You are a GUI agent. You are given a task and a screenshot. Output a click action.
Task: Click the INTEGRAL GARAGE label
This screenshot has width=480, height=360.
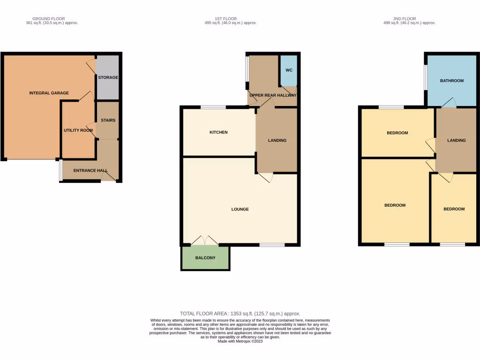click(x=49, y=93)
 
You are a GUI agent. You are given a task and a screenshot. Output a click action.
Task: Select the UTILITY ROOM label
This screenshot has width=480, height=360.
click(x=78, y=130)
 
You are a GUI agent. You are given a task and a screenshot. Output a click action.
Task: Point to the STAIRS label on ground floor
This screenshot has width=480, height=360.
click(x=108, y=120)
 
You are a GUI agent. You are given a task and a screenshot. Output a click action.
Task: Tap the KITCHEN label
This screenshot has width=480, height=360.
click(x=218, y=132)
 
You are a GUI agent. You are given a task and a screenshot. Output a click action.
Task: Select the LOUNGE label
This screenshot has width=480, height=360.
click(x=240, y=209)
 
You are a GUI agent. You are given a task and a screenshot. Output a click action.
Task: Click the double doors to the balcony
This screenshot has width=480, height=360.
click(x=205, y=241)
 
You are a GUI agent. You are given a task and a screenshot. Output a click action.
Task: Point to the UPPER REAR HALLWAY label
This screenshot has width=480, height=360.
click(x=273, y=95)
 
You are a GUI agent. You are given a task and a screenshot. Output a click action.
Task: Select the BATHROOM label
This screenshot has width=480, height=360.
click(x=451, y=81)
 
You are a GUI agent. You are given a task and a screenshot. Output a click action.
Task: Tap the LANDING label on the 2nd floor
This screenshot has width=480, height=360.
click(x=456, y=140)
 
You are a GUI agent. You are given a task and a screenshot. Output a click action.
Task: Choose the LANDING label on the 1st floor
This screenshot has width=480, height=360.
click(x=277, y=140)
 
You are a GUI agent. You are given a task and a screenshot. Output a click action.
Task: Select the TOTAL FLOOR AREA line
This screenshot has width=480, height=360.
click(x=240, y=314)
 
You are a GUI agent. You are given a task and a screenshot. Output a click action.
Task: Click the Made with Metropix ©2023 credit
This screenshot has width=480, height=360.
click(x=240, y=341)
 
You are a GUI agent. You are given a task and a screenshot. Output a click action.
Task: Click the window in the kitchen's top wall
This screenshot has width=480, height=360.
click(x=213, y=107)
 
